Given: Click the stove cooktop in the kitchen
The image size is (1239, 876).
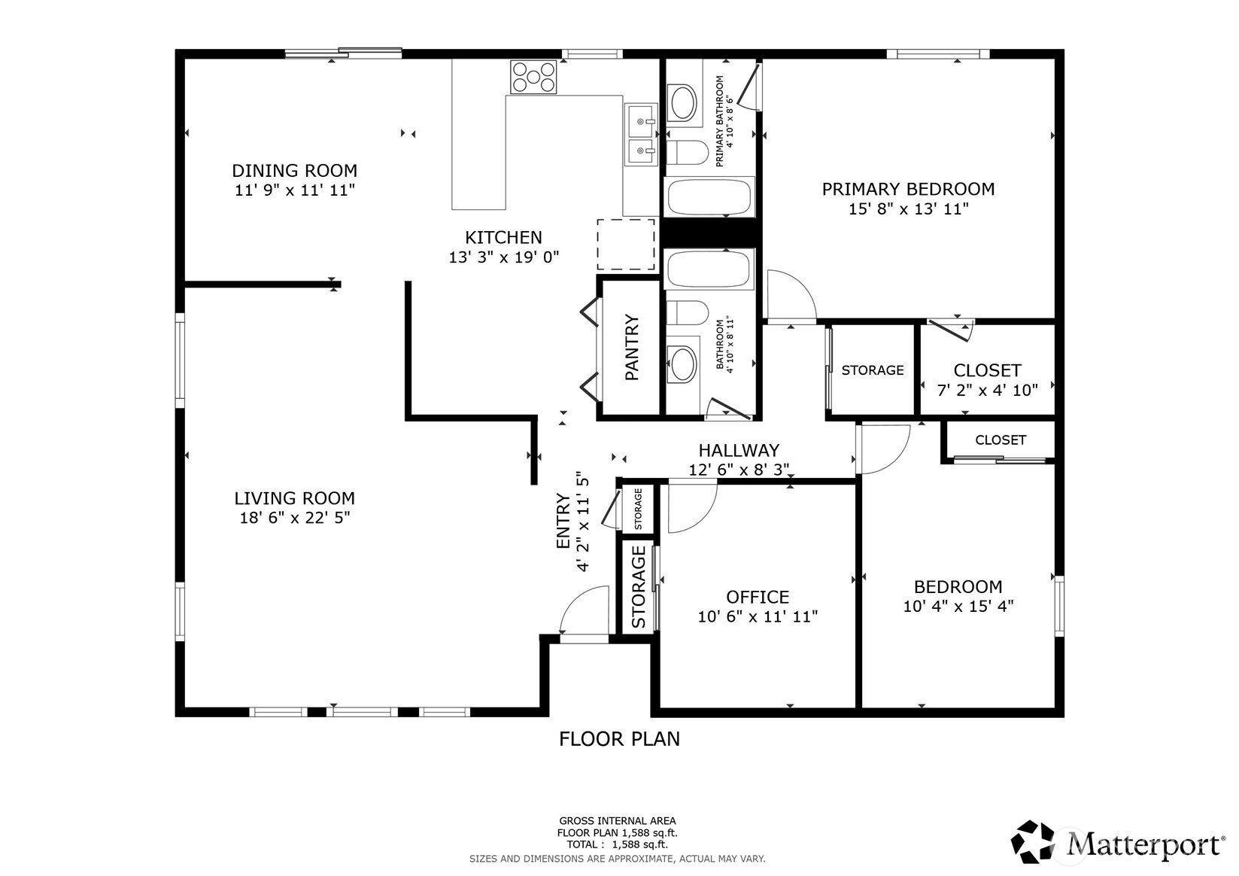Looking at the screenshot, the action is click(534, 77).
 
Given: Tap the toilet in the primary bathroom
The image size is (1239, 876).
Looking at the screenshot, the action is click(687, 153).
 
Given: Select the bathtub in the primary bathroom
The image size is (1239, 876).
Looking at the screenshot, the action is click(709, 197).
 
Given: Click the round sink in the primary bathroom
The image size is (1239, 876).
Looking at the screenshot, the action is click(685, 103).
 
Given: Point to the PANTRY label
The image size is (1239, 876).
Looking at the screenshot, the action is click(632, 347).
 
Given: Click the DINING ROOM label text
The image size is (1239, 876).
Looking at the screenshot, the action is click(294, 170).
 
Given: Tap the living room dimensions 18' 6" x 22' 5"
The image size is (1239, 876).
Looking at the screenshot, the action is click(295, 518).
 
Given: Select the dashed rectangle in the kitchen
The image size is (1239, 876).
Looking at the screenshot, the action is click(626, 244).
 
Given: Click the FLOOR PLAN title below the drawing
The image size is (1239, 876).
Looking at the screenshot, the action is click(619, 739).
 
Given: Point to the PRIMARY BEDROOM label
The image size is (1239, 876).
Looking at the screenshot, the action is click(908, 189).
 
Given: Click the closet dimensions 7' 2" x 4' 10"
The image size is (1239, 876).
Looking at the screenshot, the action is click(987, 390).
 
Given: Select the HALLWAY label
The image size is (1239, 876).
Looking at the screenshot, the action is click(739, 450).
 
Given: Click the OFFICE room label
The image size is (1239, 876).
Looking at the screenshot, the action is click(758, 597).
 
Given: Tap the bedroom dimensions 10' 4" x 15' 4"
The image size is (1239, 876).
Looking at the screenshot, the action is click(958, 606).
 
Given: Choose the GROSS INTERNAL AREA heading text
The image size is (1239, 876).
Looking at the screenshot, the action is click(618, 820).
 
